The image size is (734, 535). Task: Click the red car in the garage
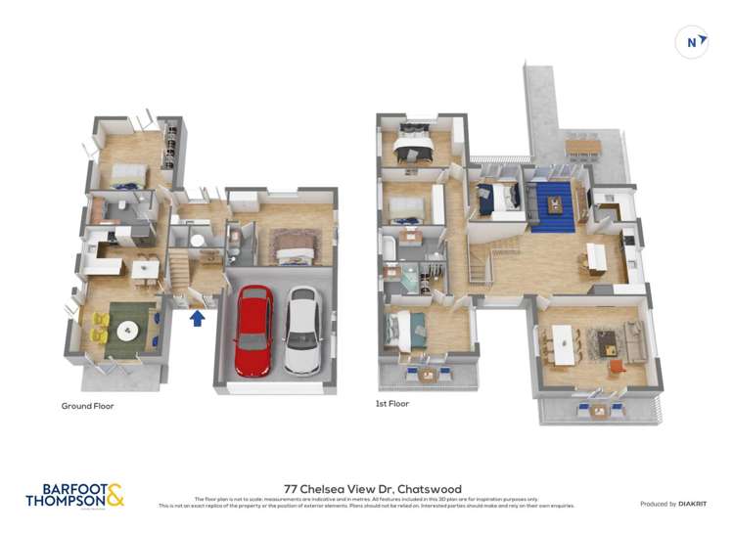[x=254, y=330]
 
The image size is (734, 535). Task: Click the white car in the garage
[x=302, y=331]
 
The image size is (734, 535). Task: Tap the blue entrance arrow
[x=198, y=318]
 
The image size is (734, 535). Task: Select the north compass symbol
[x=693, y=42]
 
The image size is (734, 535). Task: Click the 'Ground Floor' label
[x=88, y=405]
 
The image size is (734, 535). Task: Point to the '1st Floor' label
[x=392, y=403]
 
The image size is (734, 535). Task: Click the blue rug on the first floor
[x=555, y=205]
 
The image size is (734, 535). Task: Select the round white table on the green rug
[x=128, y=329]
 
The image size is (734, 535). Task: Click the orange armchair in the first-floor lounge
[x=616, y=367]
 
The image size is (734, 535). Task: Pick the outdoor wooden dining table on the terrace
[x=584, y=147]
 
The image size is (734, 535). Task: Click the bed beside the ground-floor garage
[x=292, y=249]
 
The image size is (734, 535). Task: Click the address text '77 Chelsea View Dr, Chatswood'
[x=372, y=489]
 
